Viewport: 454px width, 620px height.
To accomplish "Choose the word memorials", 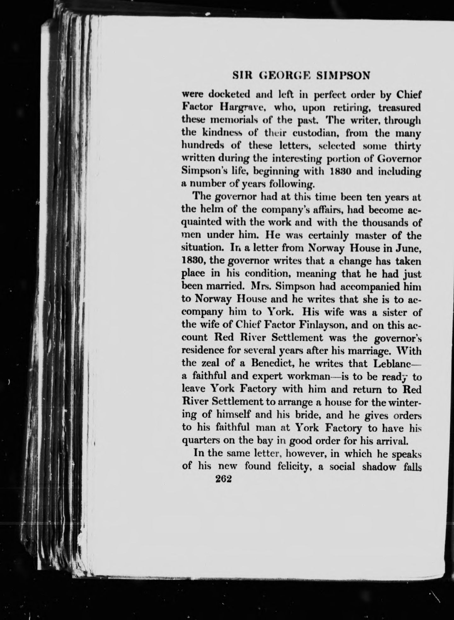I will click(235, 120).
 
